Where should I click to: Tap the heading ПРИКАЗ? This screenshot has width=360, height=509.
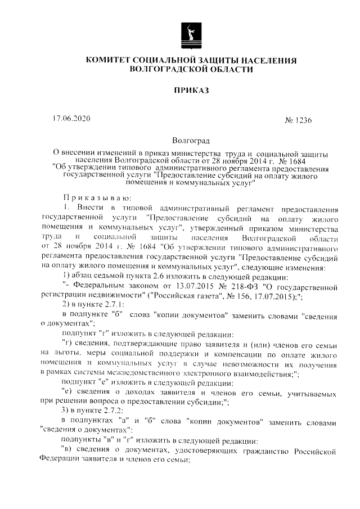point(191,90)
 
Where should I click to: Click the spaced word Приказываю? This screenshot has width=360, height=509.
point(96,197)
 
